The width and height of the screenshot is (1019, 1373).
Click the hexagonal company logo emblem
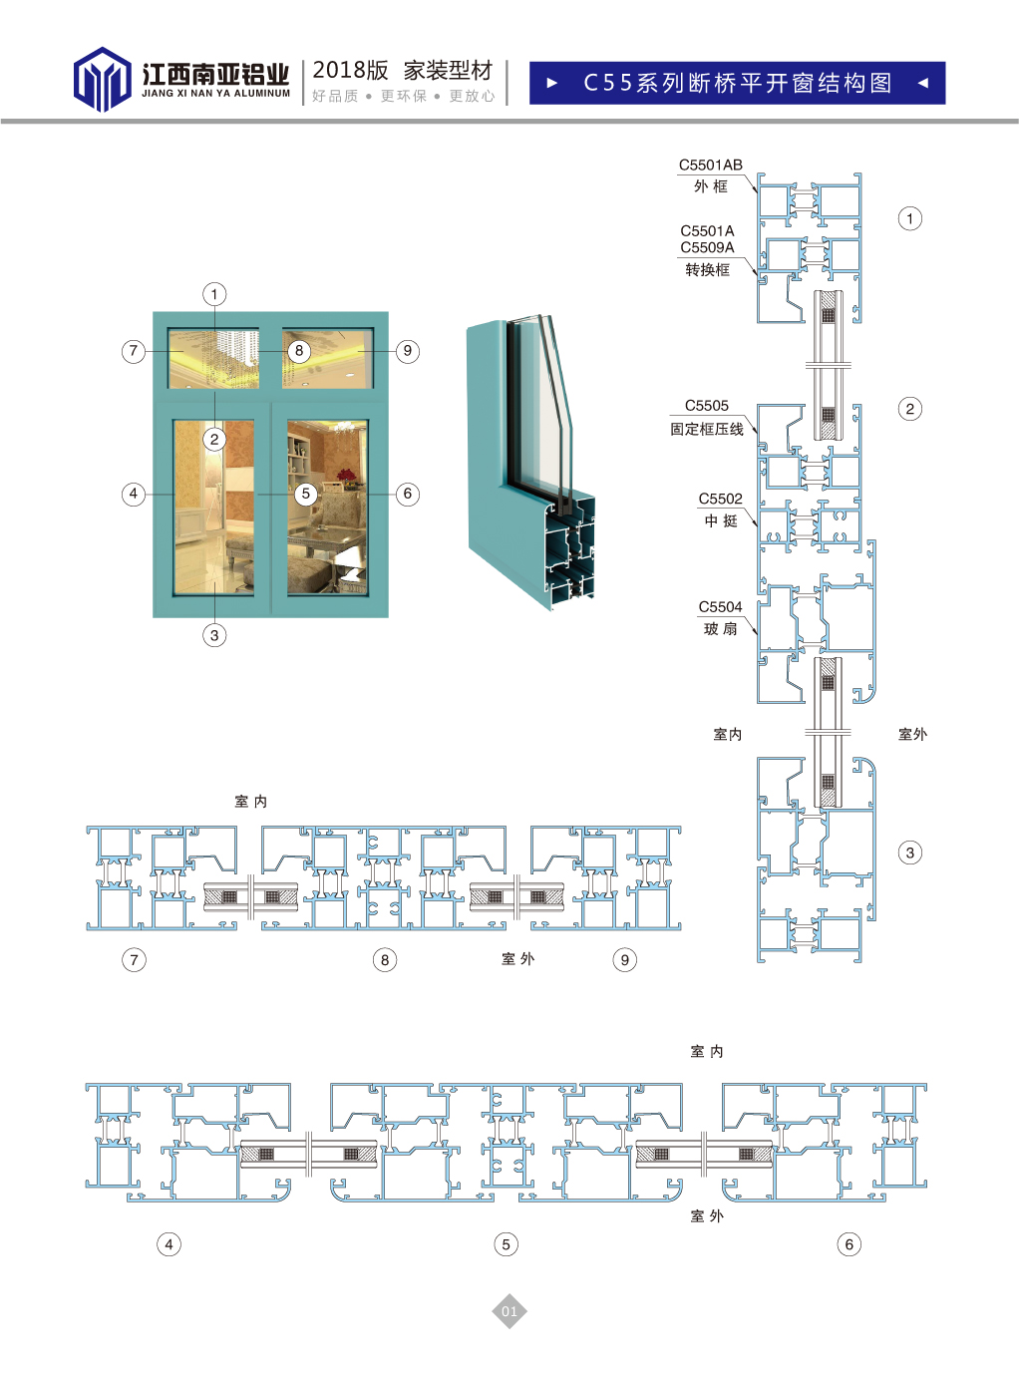click(x=102, y=79)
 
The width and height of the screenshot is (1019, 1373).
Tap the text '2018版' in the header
click(x=350, y=70)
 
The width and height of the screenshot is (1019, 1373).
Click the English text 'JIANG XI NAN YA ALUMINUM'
click(x=215, y=94)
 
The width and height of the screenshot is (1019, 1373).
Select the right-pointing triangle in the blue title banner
click(x=552, y=84)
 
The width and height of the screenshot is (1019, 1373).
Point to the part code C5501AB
click(x=710, y=165)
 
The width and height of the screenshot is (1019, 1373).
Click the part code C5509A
click(x=707, y=247)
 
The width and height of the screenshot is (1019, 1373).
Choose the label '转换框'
click(x=707, y=269)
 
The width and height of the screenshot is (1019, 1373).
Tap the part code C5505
click(x=706, y=406)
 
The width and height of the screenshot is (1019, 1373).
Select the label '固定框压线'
click(x=706, y=429)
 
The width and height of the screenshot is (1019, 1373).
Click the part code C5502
click(x=720, y=499)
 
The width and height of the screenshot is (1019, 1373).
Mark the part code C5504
click(x=720, y=606)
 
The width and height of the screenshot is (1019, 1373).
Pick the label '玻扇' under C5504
click(x=720, y=628)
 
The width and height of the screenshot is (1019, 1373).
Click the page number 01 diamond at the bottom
click(x=509, y=1311)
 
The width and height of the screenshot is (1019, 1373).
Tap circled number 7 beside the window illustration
click(x=134, y=351)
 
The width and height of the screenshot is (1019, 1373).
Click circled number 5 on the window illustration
click(x=306, y=494)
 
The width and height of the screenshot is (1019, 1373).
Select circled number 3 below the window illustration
click(x=214, y=635)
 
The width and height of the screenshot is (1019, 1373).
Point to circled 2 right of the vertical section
click(x=909, y=409)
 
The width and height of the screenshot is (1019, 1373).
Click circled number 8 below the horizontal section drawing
click(x=385, y=960)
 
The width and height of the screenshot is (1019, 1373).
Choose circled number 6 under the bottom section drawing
click(x=849, y=1243)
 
